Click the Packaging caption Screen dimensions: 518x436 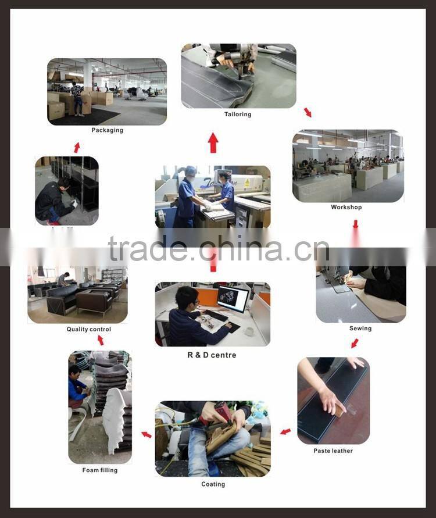point(107,130)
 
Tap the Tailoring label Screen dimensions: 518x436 point(238,115)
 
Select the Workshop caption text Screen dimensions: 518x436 point(346,208)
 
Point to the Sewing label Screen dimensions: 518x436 point(360,328)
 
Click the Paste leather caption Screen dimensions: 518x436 point(333,451)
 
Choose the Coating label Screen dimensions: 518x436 point(213,484)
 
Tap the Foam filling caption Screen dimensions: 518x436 point(99,470)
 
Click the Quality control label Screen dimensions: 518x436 point(88,330)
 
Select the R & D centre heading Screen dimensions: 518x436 point(212,355)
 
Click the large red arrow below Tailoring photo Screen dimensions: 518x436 point(213,143)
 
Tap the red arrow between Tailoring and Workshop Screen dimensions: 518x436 point(308,112)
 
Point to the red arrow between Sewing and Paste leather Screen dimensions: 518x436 point(355,344)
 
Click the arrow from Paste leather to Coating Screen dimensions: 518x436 point(285,431)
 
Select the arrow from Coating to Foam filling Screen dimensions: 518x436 point(146,434)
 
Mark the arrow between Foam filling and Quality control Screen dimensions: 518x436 point(100,340)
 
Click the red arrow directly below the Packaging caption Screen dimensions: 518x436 point(77,148)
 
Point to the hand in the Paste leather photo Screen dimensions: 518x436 point(331,399)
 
